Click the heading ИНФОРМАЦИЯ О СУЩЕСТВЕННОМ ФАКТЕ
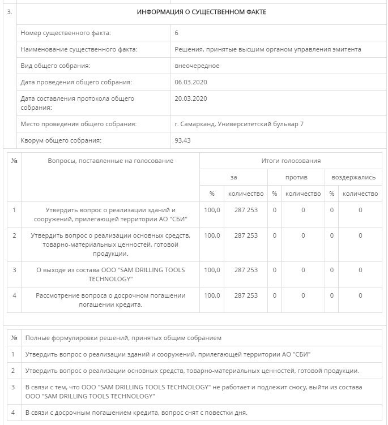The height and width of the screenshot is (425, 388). point(202,12)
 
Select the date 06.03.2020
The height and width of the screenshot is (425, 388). point(191,82)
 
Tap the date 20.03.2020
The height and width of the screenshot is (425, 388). point(191,98)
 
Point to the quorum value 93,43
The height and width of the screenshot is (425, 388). point(183,140)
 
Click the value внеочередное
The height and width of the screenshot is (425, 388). point(197,66)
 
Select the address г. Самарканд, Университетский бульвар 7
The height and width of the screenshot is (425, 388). point(240,124)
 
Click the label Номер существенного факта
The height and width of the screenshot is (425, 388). point(66,33)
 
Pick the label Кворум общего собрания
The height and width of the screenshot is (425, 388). point(61,140)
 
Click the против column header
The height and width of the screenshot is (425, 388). point(296,177)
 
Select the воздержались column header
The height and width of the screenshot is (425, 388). point(353,177)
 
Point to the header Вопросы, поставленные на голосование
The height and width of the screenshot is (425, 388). point(110,161)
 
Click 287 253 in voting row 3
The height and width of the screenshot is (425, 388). point(246,270)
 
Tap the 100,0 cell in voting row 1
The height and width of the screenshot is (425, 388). point(212,210)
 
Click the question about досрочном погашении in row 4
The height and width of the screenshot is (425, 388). point(110,300)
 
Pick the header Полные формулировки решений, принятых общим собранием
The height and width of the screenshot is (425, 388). point(123,338)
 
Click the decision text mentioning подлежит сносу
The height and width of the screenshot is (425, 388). point(193,391)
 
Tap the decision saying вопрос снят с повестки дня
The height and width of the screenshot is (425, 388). point(136,413)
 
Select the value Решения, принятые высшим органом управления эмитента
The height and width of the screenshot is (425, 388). point(268,49)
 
